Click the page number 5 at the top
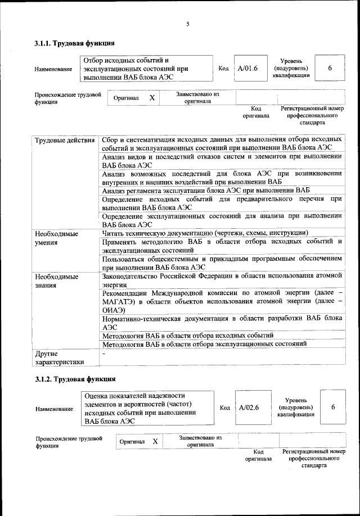point(188,24)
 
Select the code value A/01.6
point(247,68)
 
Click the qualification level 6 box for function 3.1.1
point(330,68)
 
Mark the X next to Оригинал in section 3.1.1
point(151,98)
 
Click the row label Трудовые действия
point(64,139)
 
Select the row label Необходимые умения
point(57,238)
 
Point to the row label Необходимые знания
point(57,282)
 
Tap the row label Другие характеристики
point(59,357)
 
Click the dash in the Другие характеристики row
point(104,353)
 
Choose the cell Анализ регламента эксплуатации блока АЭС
point(206,189)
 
